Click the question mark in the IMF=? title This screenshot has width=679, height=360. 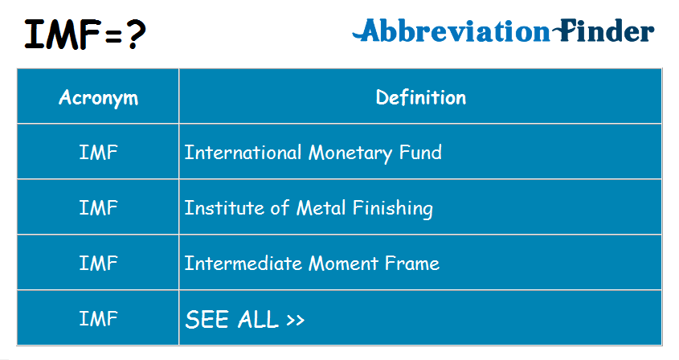pos(137,35)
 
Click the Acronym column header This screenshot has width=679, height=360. pos(98,98)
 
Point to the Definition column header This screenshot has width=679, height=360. pos(421,97)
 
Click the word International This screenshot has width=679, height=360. pos(243,153)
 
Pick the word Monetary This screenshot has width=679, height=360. pos(350,153)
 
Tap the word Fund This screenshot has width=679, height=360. pos(420,153)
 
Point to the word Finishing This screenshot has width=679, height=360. pos(392,209)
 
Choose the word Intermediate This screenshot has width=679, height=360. pos(243,264)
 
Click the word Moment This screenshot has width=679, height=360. pos(343,264)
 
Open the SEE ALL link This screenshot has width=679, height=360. pos(245,319)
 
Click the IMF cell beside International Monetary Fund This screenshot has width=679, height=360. pos(98,153)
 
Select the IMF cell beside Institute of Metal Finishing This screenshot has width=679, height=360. pos(98,208)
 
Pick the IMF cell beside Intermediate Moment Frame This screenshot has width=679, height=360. pos(98,264)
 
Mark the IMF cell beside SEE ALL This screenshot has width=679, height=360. pos(98,319)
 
